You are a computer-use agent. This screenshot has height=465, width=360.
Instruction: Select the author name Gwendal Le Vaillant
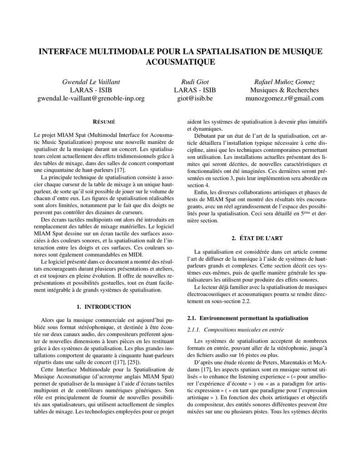(90, 82)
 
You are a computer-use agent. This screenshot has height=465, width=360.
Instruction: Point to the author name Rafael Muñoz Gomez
(285, 82)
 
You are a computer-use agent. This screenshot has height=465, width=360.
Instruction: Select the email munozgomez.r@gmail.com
(285, 98)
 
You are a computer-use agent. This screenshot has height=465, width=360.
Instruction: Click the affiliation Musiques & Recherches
(285, 90)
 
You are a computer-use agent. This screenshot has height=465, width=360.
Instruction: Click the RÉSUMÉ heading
(104, 122)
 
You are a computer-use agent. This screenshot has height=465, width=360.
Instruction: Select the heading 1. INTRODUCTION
(104, 307)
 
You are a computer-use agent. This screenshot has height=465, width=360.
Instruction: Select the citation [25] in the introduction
(133, 362)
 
